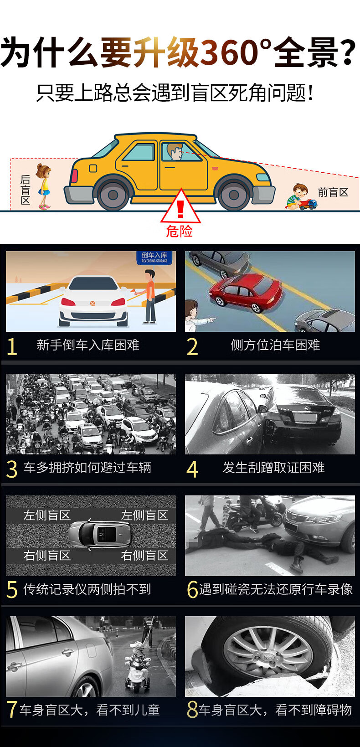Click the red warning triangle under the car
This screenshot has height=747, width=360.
[x=180, y=207]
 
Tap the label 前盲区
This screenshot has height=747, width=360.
[x=333, y=192]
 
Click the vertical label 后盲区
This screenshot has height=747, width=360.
[x=26, y=190]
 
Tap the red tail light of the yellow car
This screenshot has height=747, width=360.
[x=74, y=176]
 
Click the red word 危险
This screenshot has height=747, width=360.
[x=180, y=231]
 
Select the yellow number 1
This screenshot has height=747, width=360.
[x=12, y=346]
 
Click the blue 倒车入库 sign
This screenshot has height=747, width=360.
[x=154, y=258]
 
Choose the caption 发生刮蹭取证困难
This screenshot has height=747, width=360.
[x=273, y=468]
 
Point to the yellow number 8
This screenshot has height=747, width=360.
[x=192, y=709]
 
